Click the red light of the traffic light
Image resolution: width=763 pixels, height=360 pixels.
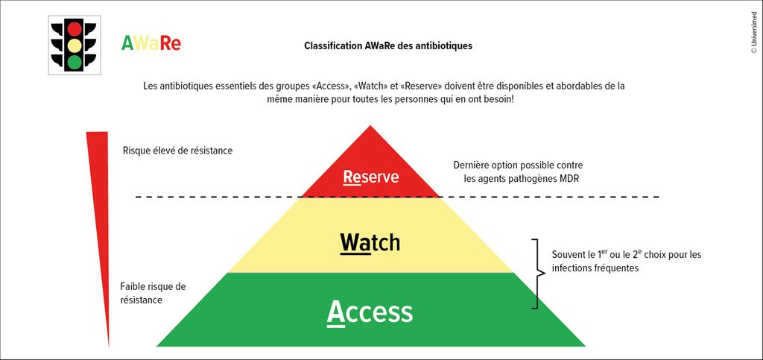tap(75, 29)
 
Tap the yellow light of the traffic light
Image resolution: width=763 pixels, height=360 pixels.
tap(75, 45)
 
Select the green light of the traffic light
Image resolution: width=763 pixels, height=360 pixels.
tap(75, 62)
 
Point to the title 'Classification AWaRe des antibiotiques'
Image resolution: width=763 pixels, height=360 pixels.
tap(388, 46)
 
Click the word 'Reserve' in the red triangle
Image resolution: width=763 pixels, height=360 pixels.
tap(371, 177)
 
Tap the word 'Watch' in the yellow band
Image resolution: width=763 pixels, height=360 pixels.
tap(370, 241)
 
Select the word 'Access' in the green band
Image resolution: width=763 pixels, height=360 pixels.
tap(370, 312)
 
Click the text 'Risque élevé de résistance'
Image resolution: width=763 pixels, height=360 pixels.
tap(178, 151)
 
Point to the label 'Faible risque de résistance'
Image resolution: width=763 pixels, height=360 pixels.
tap(153, 294)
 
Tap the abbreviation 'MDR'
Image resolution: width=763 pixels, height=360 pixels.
tap(569, 179)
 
